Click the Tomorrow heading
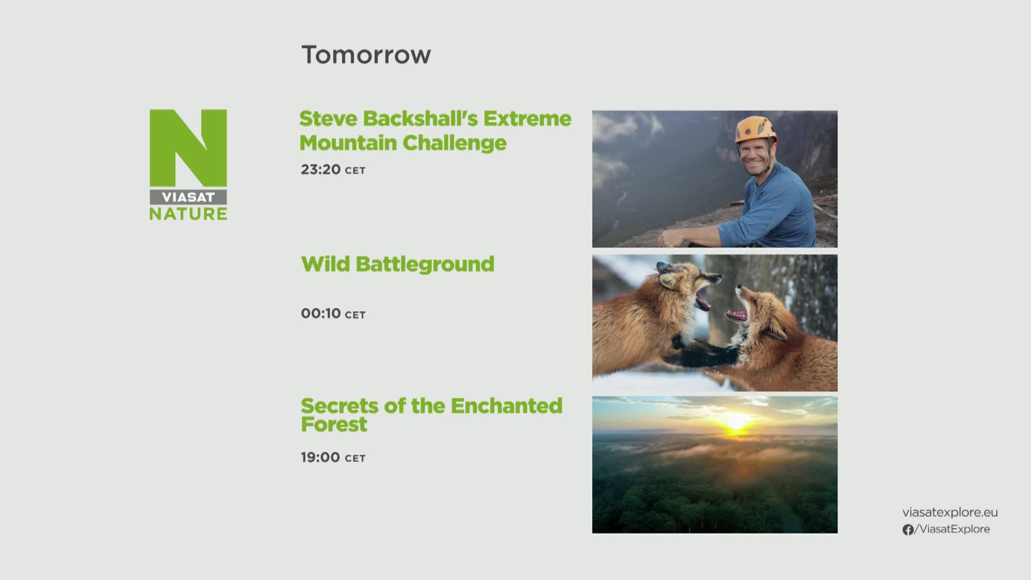366,55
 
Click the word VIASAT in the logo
188,197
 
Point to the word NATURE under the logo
188,214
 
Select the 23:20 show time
321,170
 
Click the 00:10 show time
321,314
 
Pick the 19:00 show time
320,458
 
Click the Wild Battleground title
397,264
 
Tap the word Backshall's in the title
420,119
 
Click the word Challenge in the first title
454,143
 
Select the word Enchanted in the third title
506,406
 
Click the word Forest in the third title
334,424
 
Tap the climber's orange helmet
756,129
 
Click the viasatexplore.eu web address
950,512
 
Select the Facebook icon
908,530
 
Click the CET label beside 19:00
355,459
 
